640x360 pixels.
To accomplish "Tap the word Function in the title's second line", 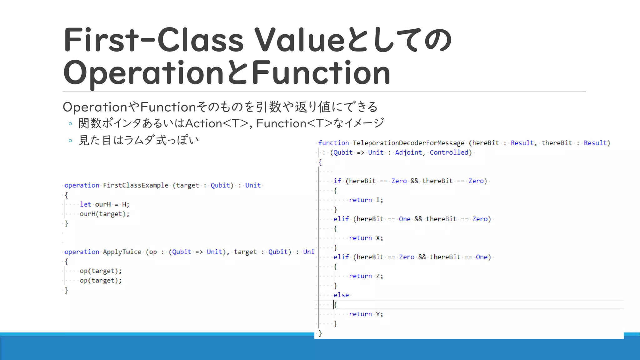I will coord(321,73).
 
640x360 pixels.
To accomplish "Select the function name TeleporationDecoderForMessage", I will coord(408,143).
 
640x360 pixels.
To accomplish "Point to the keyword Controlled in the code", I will coord(449,152).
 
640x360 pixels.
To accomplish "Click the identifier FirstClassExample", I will coord(136,185).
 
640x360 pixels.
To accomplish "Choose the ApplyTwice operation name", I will coord(122,252).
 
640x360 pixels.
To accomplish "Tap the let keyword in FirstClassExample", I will coord(85,204).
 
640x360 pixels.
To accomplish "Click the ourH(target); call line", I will coord(104,214).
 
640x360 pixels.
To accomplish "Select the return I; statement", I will coord(366,200).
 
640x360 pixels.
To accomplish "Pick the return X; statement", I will coord(366,238).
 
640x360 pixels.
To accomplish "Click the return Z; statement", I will coord(366,276).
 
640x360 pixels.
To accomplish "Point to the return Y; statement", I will coord(366,314).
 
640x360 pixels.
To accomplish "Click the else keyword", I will coord(341,295).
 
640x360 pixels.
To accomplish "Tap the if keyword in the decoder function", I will coord(337,181).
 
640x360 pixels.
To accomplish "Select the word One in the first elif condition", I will coord(405,219).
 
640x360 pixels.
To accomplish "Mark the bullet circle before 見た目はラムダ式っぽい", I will coord(70,141).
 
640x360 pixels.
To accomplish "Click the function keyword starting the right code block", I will coord(333,143).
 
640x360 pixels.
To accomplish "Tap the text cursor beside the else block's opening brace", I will coord(334,305).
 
